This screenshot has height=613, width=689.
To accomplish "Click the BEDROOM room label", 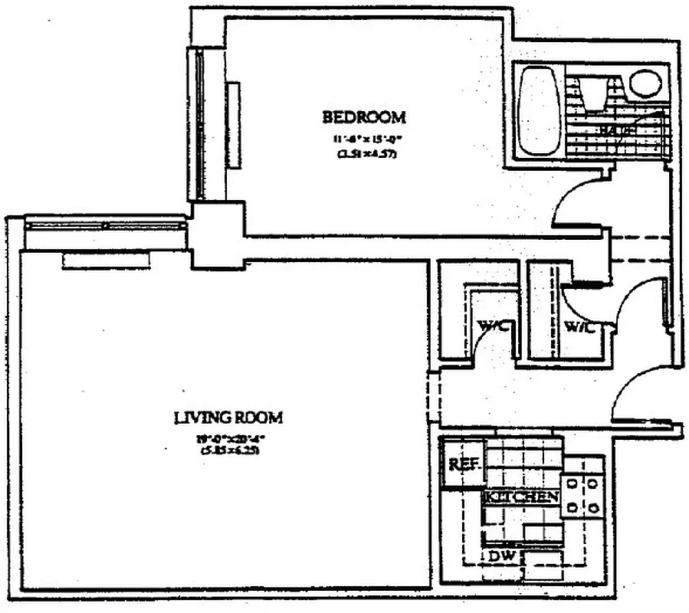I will [x=363, y=117].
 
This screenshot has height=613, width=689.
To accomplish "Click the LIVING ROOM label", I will [x=228, y=418].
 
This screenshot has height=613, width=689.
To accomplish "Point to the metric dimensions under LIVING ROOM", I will [x=228, y=451].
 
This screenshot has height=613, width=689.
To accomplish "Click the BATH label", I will [x=618, y=131].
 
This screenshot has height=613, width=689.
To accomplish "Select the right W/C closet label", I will [x=580, y=327].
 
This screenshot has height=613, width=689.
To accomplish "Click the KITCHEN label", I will [x=521, y=497].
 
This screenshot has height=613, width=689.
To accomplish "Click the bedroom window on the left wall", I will [x=200, y=123].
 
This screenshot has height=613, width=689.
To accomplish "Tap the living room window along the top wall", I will [x=106, y=225].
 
